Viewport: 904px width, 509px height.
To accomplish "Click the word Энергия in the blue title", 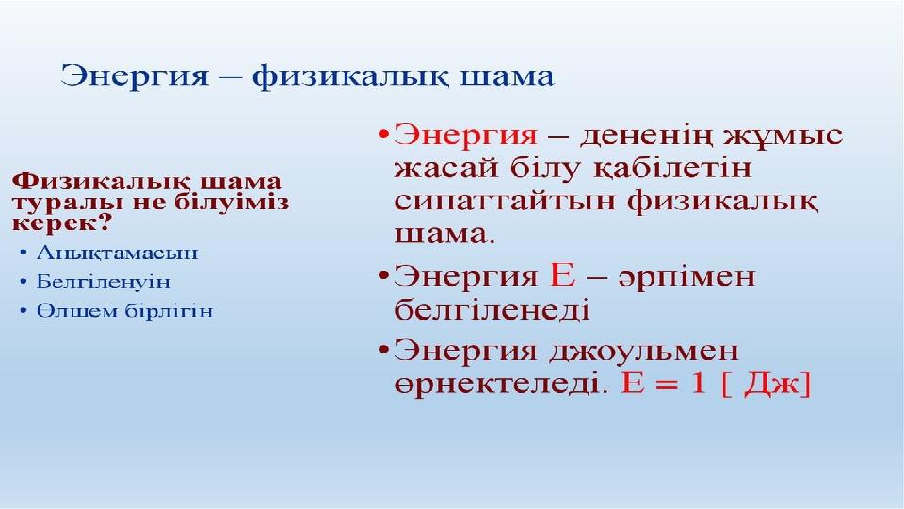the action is tap(135, 76).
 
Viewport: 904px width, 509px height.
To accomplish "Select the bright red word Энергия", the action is tap(466, 136).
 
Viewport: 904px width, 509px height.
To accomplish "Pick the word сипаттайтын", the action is tap(506, 202).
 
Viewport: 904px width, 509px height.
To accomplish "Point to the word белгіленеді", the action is tap(492, 309).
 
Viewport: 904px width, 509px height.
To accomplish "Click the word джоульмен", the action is tap(643, 352).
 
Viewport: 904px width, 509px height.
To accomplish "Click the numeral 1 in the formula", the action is tap(698, 383).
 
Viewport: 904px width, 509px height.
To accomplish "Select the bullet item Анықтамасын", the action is tap(117, 253).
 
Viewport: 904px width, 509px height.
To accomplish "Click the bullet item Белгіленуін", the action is tap(104, 282).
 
